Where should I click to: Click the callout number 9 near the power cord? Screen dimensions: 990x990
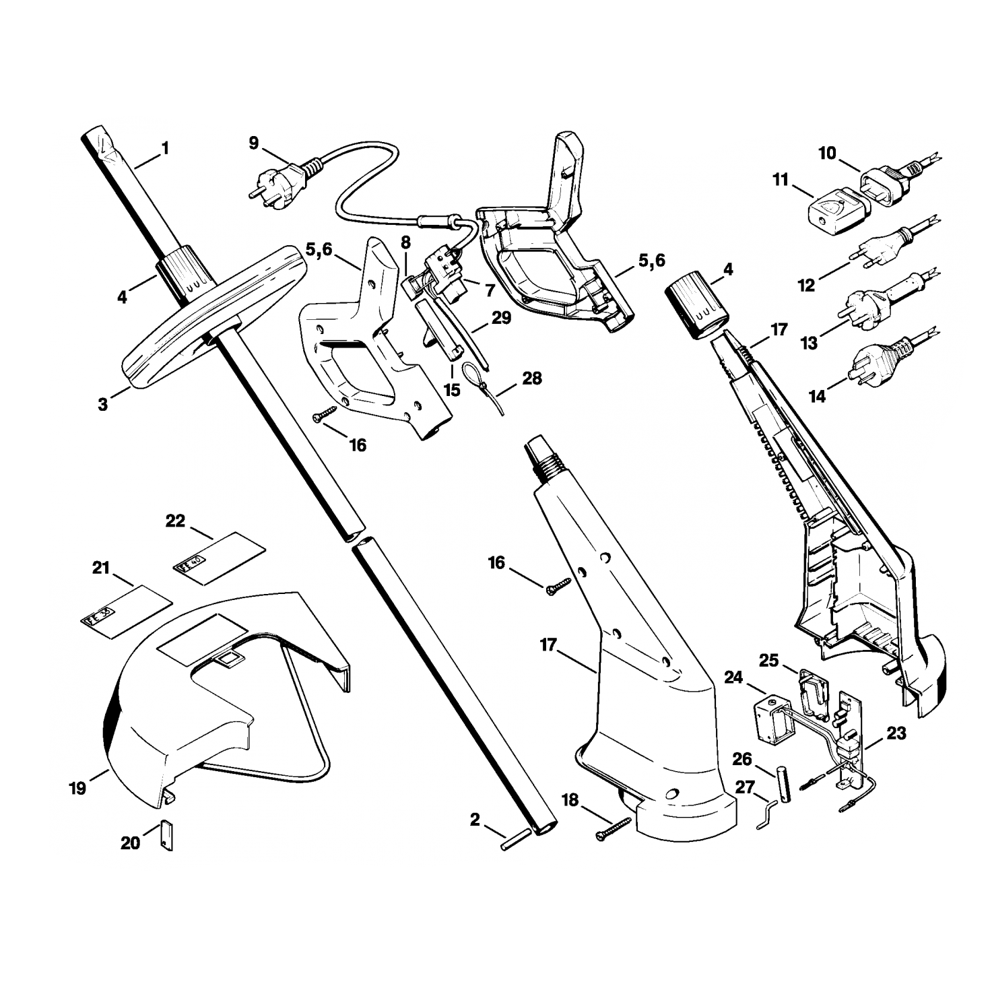[253, 143]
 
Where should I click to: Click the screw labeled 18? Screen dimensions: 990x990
[613, 828]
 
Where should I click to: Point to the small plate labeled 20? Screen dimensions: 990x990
[166, 835]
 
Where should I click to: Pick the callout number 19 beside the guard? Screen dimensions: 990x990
[77, 788]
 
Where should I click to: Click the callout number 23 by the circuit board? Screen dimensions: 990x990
[896, 733]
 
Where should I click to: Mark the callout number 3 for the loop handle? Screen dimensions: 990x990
[102, 405]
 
